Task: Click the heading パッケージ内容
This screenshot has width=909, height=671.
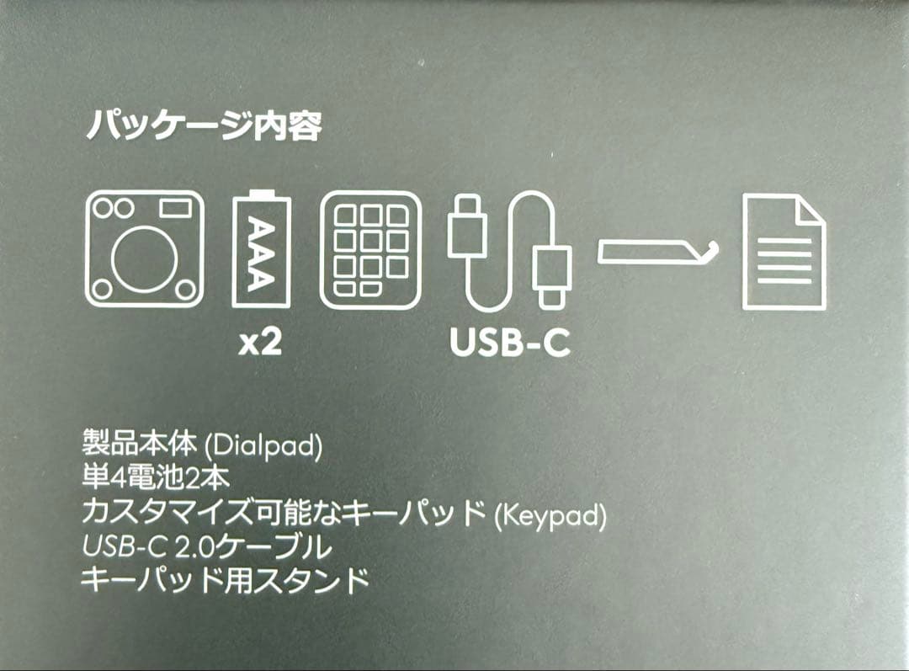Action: [205, 127]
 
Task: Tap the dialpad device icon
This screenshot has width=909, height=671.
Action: [144, 248]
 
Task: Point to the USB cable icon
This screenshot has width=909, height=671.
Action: [508, 249]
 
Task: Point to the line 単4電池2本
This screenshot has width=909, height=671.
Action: [155, 478]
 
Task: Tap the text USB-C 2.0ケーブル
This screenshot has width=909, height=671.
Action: [206, 547]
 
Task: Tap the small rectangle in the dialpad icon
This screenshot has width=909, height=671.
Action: [175, 207]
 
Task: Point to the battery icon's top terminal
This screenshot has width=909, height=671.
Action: [261, 194]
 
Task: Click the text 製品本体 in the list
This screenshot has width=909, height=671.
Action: [140, 444]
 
